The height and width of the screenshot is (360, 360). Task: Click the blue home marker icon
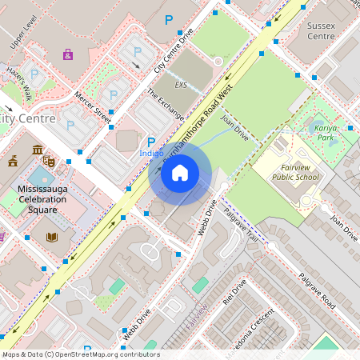coord(180,172)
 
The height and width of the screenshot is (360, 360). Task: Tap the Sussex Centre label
coord(321,30)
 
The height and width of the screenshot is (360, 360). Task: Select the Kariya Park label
coord(325,132)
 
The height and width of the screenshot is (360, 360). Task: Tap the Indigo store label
coord(151,152)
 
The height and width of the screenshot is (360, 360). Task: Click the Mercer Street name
coord(92,107)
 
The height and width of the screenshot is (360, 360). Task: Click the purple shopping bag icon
coord(68,55)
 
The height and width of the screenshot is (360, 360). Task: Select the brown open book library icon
coord(52,237)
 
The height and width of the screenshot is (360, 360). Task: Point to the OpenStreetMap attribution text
coord(80,354)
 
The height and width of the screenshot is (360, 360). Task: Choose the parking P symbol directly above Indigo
coord(151,141)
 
